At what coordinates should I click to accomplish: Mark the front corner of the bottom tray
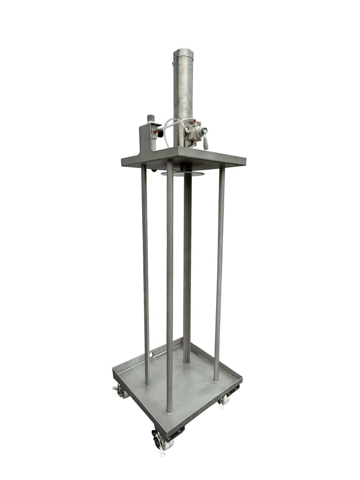pyautogui.click(x=173, y=430)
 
